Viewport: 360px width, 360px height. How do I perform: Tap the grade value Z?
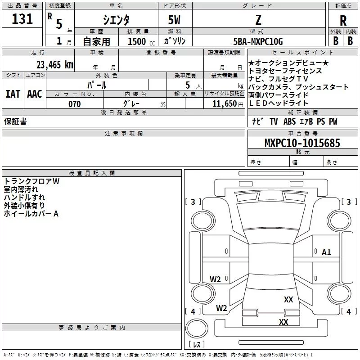pos(258,20)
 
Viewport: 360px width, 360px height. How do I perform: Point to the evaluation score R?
pos(343,21)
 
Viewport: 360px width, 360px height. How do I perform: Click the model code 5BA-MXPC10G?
pos(258,41)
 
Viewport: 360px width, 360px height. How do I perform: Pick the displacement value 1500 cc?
pos(139,41)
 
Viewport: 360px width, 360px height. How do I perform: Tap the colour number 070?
pos(74,104)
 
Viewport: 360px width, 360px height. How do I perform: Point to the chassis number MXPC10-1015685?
pos(302,143)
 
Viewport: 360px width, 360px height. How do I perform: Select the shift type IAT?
pos(13,94)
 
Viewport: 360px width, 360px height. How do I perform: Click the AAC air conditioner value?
pos(35,94)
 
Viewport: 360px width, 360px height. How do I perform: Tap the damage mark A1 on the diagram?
pos(326,252)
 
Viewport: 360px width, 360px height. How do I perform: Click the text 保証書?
pos(15,121)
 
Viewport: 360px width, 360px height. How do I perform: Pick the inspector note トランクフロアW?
pos(31,181)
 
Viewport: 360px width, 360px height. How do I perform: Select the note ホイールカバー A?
pos(31,214)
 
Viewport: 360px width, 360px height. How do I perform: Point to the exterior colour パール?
pos(96,85)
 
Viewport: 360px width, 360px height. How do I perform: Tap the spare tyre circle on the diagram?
pos(197,330)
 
